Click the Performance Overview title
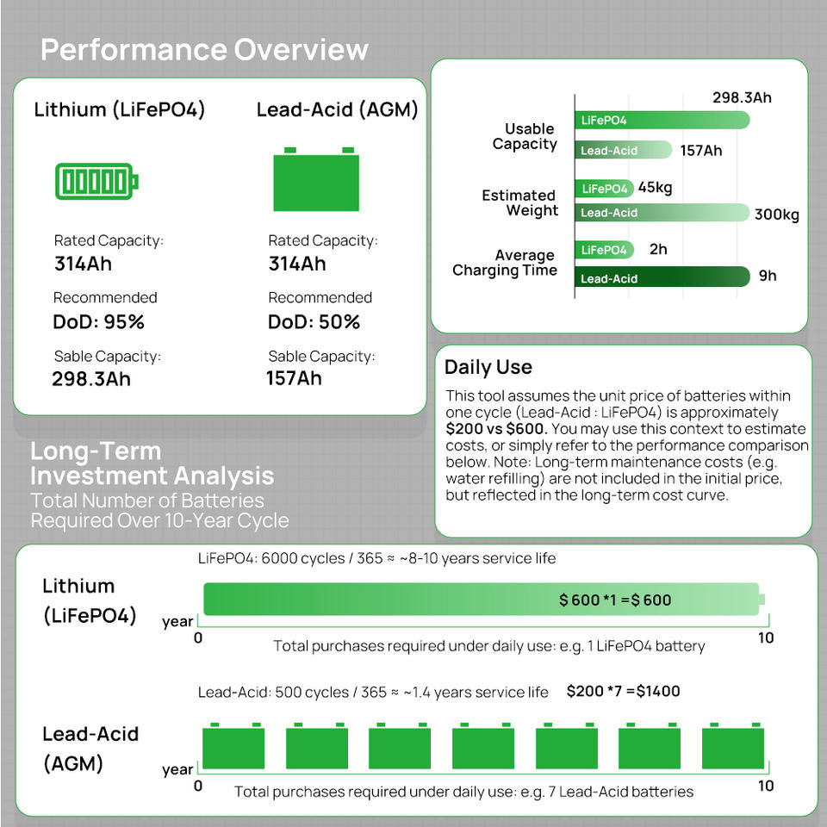(204, 50)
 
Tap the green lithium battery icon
(96, 182)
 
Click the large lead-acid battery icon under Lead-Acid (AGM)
(316, 179)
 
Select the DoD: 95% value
(98, 321)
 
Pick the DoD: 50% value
(314, 321)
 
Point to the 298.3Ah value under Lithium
(91, 379)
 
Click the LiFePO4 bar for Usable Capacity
(662, 120)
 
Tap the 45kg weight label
(655, 187)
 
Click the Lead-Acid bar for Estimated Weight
(662, 213)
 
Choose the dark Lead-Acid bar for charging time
(662, 277)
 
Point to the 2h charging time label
(658, 249)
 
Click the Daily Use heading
(488, 367)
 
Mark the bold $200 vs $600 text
(496, 429)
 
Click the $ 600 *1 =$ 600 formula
(615, 600)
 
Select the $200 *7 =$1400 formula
(624, 691)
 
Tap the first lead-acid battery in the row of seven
(233, 746)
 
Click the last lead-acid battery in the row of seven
(733, 746)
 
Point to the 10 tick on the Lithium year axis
(766, 638)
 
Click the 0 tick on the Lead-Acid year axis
(198, 786)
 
